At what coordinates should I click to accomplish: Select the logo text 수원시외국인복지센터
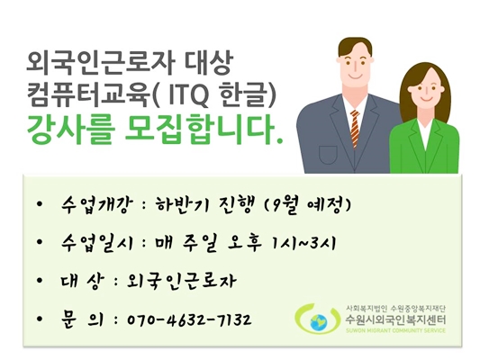pos(394,319)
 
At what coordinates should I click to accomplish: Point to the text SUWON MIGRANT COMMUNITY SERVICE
pos(393,331)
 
